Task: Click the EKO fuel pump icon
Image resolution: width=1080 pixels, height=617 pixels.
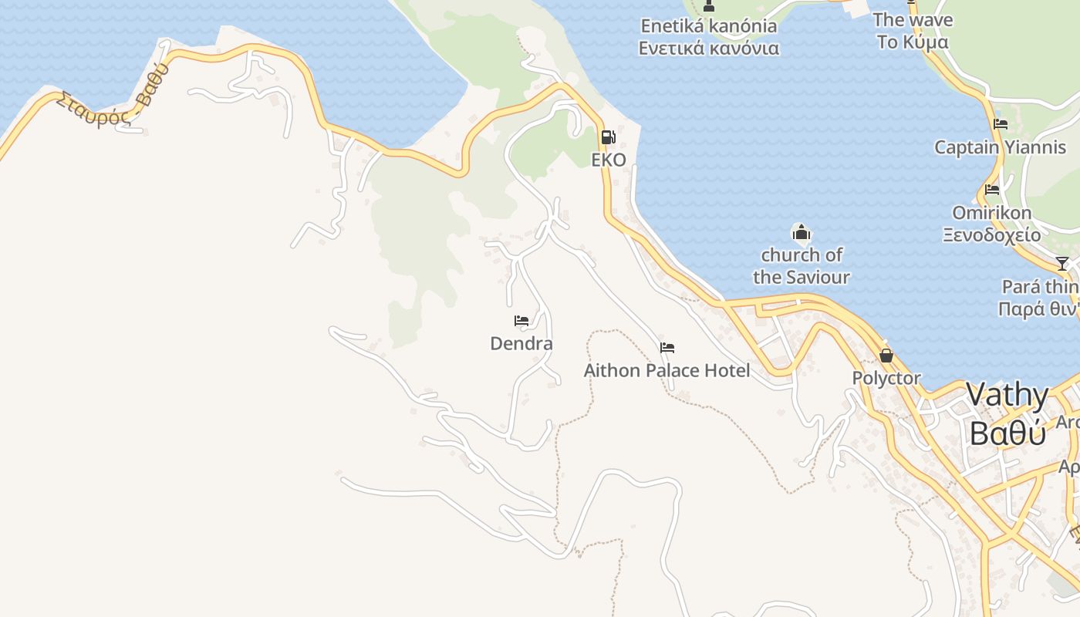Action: [608, 137]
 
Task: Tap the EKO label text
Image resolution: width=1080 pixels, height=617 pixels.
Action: [608, 160]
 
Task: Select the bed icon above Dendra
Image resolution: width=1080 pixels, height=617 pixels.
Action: [521, 321]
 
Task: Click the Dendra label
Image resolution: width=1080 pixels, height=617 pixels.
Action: [521, 343]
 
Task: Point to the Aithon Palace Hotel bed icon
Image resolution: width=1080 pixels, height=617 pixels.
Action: [667, 348]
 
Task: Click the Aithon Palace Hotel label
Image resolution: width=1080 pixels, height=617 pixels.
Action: [667, 370]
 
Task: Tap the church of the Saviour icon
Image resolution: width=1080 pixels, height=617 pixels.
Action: [802, 232]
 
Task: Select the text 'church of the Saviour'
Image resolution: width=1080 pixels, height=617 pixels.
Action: [802, 265]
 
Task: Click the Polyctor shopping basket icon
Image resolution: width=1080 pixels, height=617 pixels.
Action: [886, 356]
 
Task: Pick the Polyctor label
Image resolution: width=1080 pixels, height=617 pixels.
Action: [886, 378]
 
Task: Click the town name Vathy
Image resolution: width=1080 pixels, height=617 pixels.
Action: [1007, 395]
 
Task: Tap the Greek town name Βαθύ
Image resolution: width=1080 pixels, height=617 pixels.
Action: [1007, 433]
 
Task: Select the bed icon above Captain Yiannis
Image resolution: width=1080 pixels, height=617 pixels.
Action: [1001, 124]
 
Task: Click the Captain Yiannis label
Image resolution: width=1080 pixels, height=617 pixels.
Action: [1000, 147]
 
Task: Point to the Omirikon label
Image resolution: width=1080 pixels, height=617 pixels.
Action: [992, 212]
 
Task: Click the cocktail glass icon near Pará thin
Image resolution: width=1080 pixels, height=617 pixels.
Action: [1062, 264]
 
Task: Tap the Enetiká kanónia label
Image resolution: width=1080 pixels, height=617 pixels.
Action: [709, 25]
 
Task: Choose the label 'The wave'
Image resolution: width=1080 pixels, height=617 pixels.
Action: [913, 19]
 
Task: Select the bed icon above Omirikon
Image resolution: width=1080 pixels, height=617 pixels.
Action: [992, 190]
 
